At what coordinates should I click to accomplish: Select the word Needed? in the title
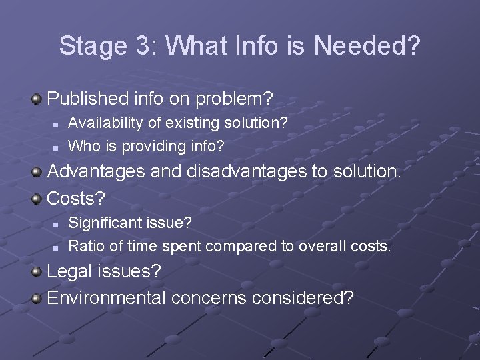click(x=367, y=46)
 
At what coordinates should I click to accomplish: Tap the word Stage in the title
click(x=91, y=46)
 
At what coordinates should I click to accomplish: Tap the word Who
click(x=81, y=145)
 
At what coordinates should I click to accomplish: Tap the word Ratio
click(x=87, y=246)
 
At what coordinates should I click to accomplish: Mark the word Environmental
click(x=107, y=297)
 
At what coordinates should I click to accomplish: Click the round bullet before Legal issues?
click(x=37, y=271)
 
